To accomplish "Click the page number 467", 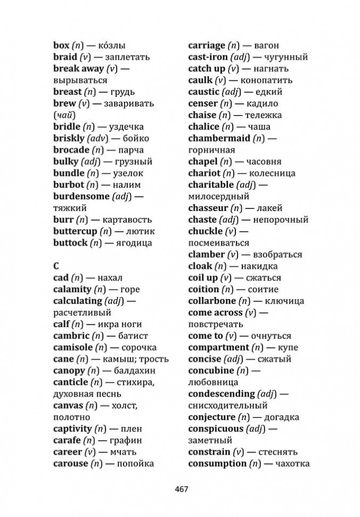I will (x=180, y=489).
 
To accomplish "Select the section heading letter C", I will (x=56, y=265).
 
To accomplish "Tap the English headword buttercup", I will (x=75, y=231).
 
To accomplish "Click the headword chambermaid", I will (x=219, y=139).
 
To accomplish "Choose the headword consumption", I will (x=217, y=464).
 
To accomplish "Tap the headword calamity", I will (x=72, y=289).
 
